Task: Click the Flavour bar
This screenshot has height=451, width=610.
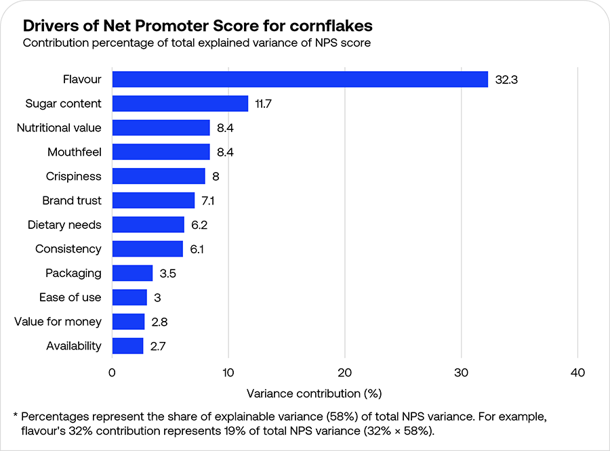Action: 300,79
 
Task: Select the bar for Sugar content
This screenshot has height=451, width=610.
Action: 180,104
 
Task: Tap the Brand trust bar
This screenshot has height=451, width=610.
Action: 153,200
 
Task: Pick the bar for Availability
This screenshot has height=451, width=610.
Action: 127,346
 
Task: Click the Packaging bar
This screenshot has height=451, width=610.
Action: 132,273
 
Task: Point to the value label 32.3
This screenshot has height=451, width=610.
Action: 506,79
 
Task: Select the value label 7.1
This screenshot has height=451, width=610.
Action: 209,200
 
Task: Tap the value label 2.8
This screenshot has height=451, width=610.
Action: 159,322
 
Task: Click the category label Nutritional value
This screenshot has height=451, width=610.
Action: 59,128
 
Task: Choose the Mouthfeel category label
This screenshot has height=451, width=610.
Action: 74,152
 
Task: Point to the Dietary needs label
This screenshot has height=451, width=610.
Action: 64,225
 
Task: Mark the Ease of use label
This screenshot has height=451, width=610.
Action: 70,297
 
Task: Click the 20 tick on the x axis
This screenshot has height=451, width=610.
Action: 345,372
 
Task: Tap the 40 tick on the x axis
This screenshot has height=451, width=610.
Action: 577,372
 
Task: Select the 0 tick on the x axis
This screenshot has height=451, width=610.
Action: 112,372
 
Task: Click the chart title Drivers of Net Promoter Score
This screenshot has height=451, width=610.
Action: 197,26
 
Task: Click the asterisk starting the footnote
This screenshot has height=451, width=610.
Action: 16,415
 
